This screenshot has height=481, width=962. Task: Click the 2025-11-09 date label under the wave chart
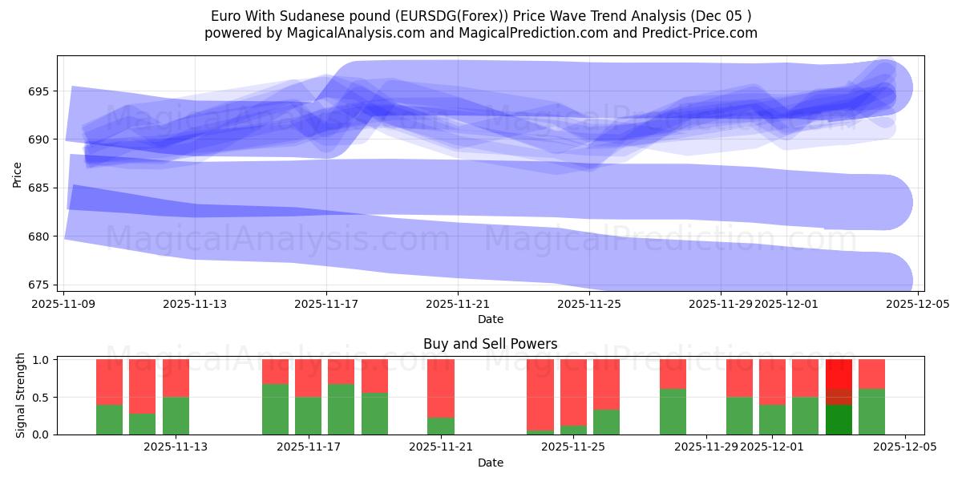pos(64,305)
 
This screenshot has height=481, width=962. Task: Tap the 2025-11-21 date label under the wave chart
pos(458,305)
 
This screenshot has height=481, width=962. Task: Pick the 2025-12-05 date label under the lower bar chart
pos(905,447)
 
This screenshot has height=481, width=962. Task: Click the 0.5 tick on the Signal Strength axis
pos(41,398)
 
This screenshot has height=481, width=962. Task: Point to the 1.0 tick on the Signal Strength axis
pos(41,360)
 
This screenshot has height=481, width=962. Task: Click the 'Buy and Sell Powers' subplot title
pos(490,344)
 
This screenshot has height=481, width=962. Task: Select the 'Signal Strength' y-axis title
pos(22,396)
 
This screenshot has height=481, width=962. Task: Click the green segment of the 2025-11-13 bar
pos(176,415)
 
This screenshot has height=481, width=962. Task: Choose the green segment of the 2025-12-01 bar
pos(772,419)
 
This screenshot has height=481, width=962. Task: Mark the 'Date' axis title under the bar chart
pos(490,463)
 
